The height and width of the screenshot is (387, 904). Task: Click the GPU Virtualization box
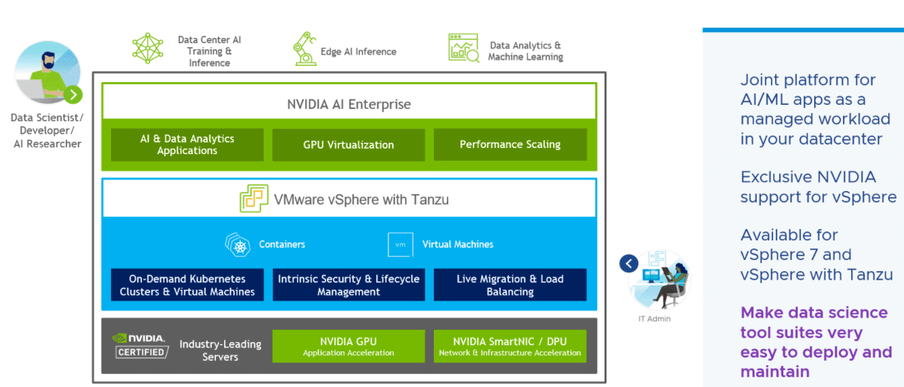[x=348, y=145]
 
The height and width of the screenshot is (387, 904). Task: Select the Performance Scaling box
[x=510, y=145]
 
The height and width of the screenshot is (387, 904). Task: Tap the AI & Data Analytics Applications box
[x=187, y=145]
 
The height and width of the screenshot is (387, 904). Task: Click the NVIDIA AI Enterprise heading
[x=349, y=105]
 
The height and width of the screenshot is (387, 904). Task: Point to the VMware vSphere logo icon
[x=254, y=199]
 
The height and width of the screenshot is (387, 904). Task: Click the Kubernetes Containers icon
[x=239, y=245]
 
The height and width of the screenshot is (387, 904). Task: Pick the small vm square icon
[x=400, y=245]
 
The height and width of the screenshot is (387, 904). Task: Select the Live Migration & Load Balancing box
[x=510, y=285]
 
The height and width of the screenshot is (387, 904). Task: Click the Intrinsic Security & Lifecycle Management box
[x=348, y=285]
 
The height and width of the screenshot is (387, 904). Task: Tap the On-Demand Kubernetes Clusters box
[x=187, y=285]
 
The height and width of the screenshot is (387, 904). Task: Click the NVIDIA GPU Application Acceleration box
[x=348, y=347]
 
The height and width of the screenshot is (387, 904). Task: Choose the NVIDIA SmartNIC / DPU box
[x=510, y=347]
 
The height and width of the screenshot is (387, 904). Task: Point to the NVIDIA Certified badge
[x=141, y=345]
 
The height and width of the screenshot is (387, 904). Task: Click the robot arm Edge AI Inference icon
[x=304, y=49]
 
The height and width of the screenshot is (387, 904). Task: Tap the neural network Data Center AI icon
[x=148, y=48]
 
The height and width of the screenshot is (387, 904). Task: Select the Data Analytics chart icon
[x=463, y=48]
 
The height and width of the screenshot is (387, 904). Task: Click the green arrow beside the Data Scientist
[x=73, y=95]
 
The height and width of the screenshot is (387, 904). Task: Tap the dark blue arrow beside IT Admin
[x=628, y=263]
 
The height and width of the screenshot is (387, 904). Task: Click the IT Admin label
[x=655, y=319]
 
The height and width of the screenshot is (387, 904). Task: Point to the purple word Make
[x=761, y=313]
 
